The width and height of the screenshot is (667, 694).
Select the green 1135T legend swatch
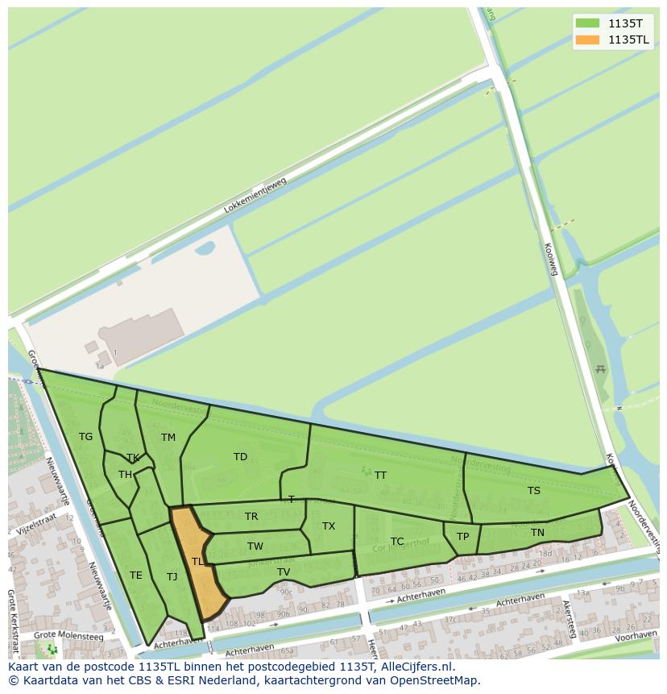[587, 23]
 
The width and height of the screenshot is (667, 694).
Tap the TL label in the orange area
[197, 562]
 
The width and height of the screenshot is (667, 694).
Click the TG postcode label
[86, 437]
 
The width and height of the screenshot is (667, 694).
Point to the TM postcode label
[168, 438]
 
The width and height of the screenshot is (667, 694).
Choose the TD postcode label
[240, 457]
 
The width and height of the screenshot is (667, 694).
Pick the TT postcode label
[380, 476]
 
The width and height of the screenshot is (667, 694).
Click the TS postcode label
[534, 491]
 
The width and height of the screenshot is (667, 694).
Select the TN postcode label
[537, 533]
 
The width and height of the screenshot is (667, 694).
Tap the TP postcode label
[462, 537]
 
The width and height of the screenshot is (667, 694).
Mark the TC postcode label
[397, 542]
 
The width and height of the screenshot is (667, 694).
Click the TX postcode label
[329, 526]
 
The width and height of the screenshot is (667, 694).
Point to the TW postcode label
[255, 546]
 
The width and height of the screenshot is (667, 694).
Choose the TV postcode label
[284, 572]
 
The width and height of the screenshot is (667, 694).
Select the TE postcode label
[136, 576]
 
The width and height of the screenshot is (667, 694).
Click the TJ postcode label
[172, 576]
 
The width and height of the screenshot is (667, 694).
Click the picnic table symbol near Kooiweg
[600, 369]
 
